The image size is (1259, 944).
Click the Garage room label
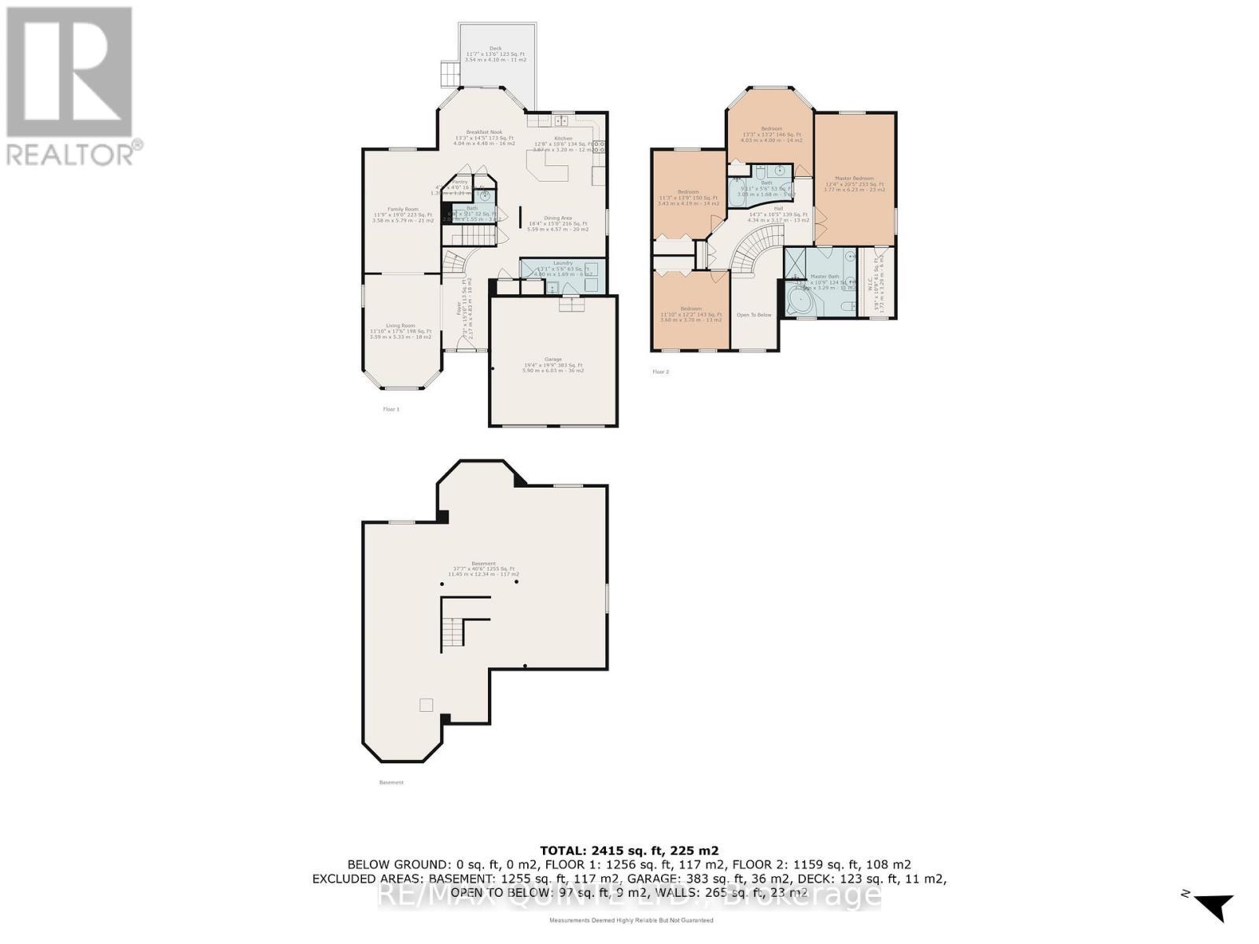[553, 360]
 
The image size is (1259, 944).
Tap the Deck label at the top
[496, 48]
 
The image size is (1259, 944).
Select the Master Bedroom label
[855, 179]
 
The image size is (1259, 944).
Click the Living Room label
[401, 326]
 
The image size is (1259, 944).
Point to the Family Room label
[403, 209]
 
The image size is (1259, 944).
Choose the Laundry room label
[563, 263]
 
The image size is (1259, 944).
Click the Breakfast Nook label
[484, 132]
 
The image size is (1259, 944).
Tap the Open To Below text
[754, 315]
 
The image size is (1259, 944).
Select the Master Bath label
[825, 276]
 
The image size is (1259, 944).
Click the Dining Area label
[558, 218]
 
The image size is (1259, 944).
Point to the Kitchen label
[563, 138]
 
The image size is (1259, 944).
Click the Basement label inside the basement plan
[484, 564]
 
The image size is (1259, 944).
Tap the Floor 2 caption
[660, 371]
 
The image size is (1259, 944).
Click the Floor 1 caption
[391, 409]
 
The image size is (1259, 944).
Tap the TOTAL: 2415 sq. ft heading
[629, 850]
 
